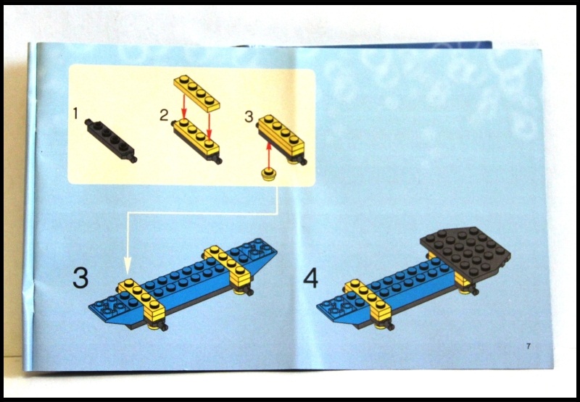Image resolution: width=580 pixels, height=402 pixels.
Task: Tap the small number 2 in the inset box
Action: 164,113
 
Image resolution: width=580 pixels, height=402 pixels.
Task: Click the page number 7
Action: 529,346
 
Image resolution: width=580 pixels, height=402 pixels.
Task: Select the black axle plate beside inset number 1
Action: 109,138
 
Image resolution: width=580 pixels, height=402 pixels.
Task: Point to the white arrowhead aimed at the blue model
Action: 128,269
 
